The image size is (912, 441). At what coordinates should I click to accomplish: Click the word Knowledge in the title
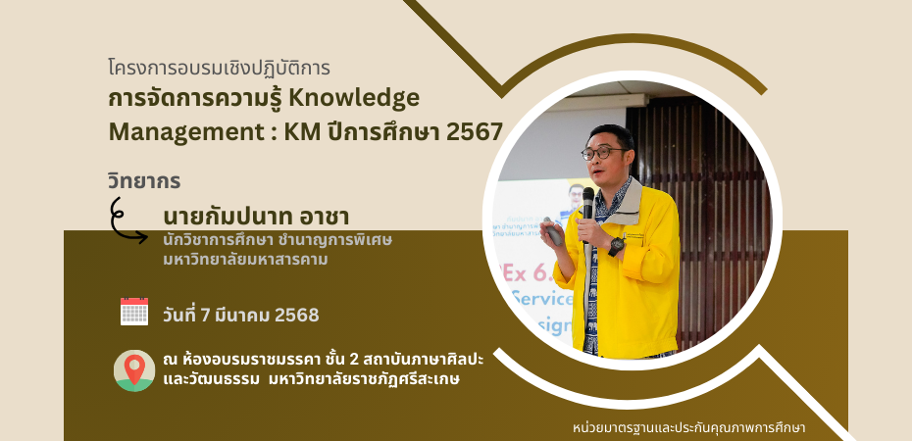click(x=354, y=99)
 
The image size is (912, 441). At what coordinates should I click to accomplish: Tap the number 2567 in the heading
click(x=475, y=132)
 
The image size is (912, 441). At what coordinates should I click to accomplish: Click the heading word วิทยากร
click(x=144, y=181)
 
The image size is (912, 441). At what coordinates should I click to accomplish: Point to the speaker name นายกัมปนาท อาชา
click(x=256, y=218)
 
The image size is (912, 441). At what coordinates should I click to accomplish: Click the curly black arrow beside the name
click(x=127, y=220)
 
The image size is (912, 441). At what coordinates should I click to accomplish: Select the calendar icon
click(x=134, y=312)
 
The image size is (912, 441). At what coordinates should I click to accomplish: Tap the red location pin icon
click(x=134, y=369)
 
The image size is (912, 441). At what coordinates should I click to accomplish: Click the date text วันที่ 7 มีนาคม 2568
click(x=241, y=315)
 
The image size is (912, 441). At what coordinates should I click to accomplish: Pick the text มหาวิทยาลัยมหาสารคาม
click(x=245, y=260)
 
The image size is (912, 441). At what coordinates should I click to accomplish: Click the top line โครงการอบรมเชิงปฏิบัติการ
click(x=220, y=68)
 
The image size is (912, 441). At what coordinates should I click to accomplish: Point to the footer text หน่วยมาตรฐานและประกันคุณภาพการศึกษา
click(x=689, y=429)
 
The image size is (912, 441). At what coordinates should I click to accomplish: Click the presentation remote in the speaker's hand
click(x=552, y=231)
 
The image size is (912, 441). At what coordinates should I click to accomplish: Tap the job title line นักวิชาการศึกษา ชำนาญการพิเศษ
click(x=279, y=240)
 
